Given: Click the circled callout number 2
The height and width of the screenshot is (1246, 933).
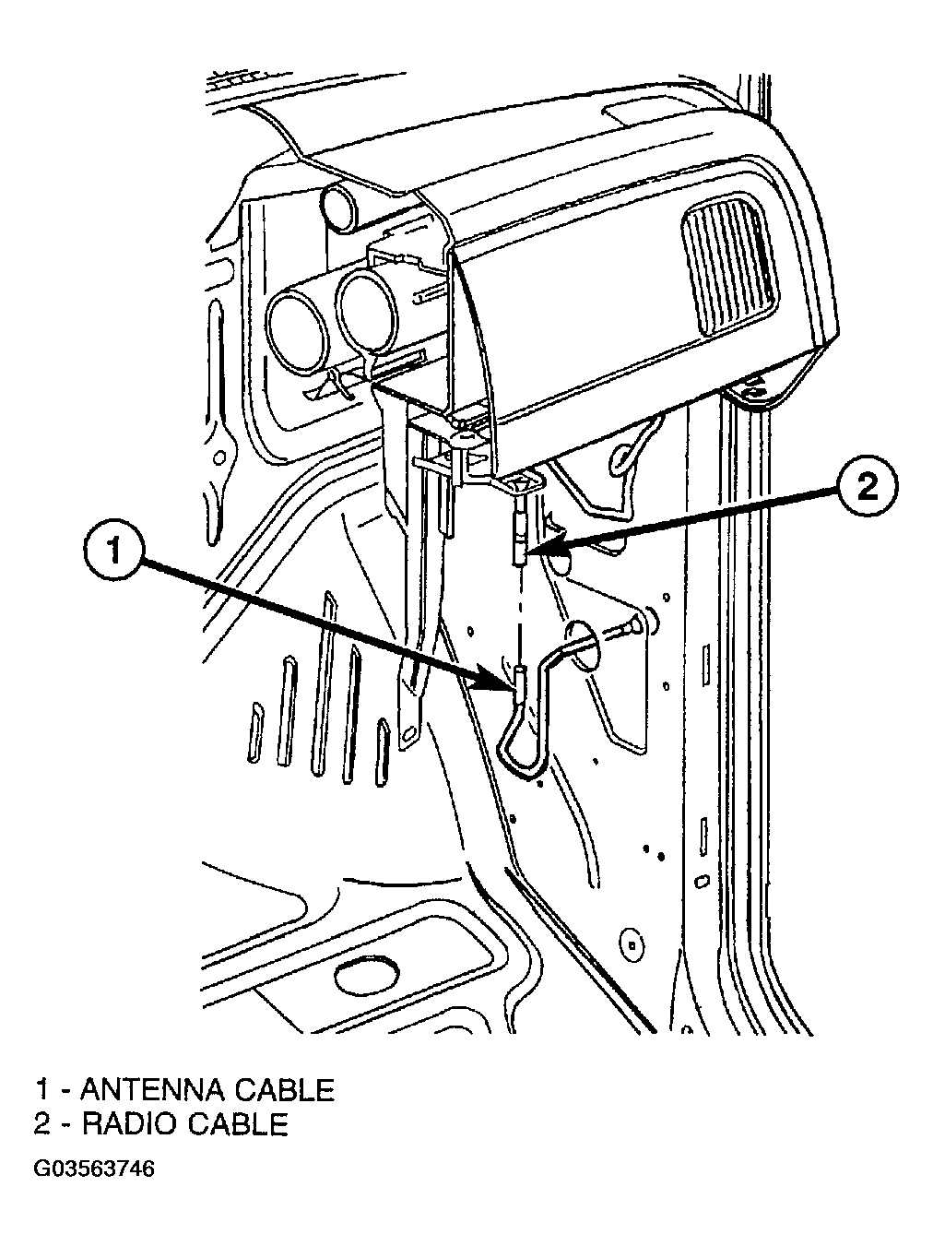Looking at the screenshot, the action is coord(867,486).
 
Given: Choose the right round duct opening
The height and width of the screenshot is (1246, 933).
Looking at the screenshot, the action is coord(366,311).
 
